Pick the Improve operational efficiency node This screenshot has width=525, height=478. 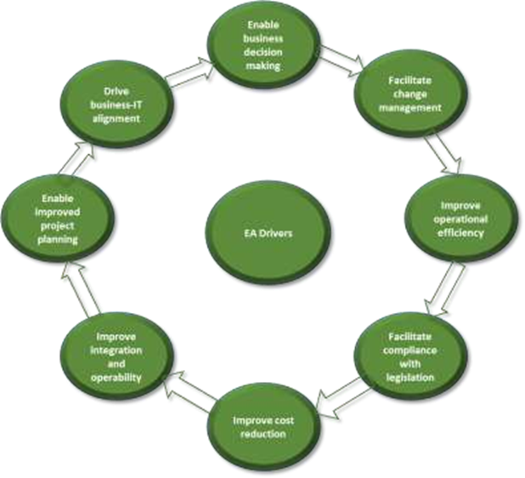[462, 219]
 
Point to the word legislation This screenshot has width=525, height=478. [411, 377]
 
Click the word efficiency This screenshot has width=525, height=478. [462, 232]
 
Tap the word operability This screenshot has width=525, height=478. [116, 376]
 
